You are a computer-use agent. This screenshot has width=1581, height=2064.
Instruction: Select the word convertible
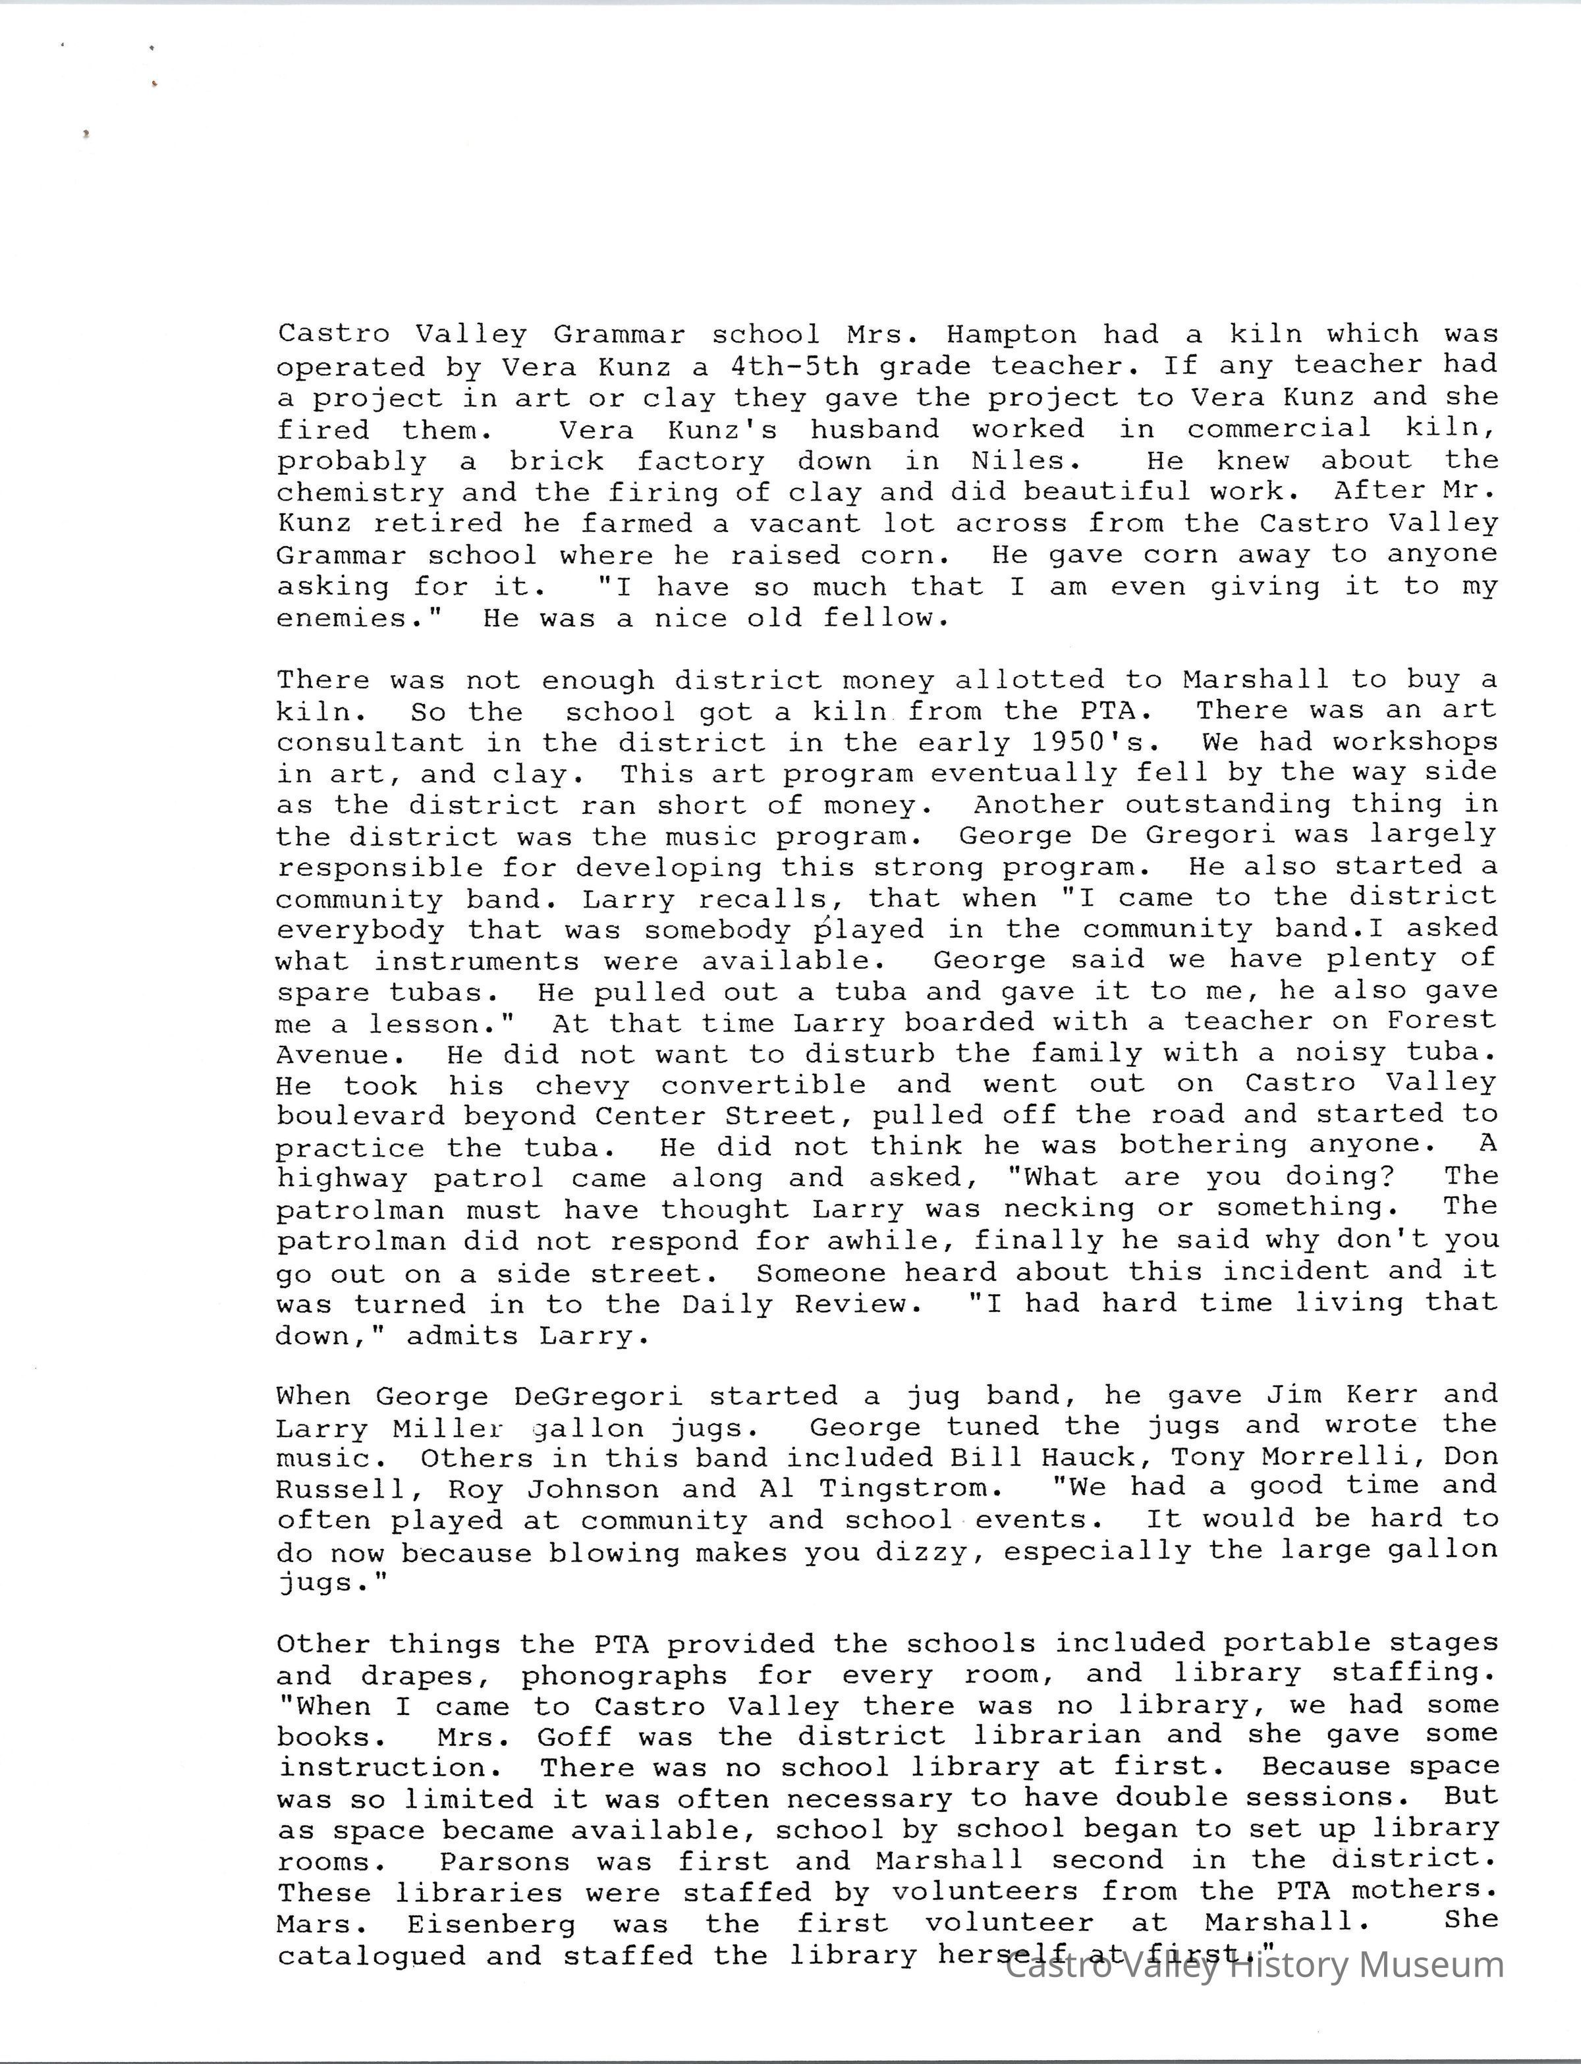(763, 1085)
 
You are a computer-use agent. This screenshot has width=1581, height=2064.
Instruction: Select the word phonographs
(624, 1675)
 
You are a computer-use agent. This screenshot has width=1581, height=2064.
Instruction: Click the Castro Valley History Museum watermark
(1254, 1966)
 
